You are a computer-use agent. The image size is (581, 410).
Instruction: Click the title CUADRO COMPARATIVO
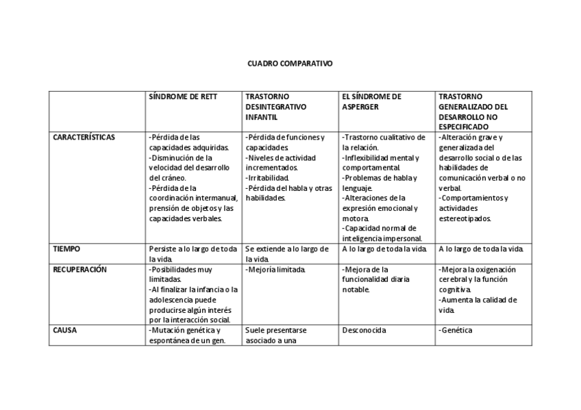(x=290, y=62)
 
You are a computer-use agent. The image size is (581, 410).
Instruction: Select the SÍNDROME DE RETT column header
(x=183, y=97)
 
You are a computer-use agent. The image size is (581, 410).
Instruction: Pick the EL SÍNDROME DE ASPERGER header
(x=371, y=101)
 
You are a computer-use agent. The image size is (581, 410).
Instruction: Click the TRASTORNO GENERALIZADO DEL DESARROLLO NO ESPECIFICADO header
(x=473, y=112)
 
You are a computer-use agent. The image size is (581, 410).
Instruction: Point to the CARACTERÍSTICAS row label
(x=84, y=137)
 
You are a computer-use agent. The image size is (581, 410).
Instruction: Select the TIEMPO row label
(x=66, y=249)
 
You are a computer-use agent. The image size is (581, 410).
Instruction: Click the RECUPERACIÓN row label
(x=80, y=270)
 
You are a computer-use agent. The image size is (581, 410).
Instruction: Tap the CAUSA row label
(x=65, y=330)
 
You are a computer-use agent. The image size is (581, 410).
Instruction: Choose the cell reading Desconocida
(x=364, y=330)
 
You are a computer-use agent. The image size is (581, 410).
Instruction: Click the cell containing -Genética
(x=456, y=330)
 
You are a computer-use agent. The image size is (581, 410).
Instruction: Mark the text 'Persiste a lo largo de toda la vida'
(x=193, y=254)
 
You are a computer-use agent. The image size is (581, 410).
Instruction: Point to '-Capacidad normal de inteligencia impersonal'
(x=382, y=233)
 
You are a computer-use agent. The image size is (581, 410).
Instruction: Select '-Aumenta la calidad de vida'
(x=478, y=305)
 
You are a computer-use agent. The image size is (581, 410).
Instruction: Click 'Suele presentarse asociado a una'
(x=275, y=335)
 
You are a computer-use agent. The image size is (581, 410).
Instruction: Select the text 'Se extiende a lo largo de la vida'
(x=287, y=254)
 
